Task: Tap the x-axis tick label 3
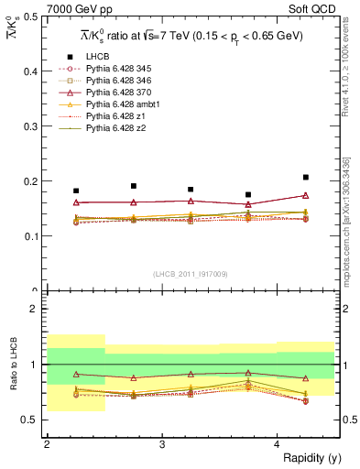[x=162, y=443]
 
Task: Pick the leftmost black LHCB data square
[x=76, y=191]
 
